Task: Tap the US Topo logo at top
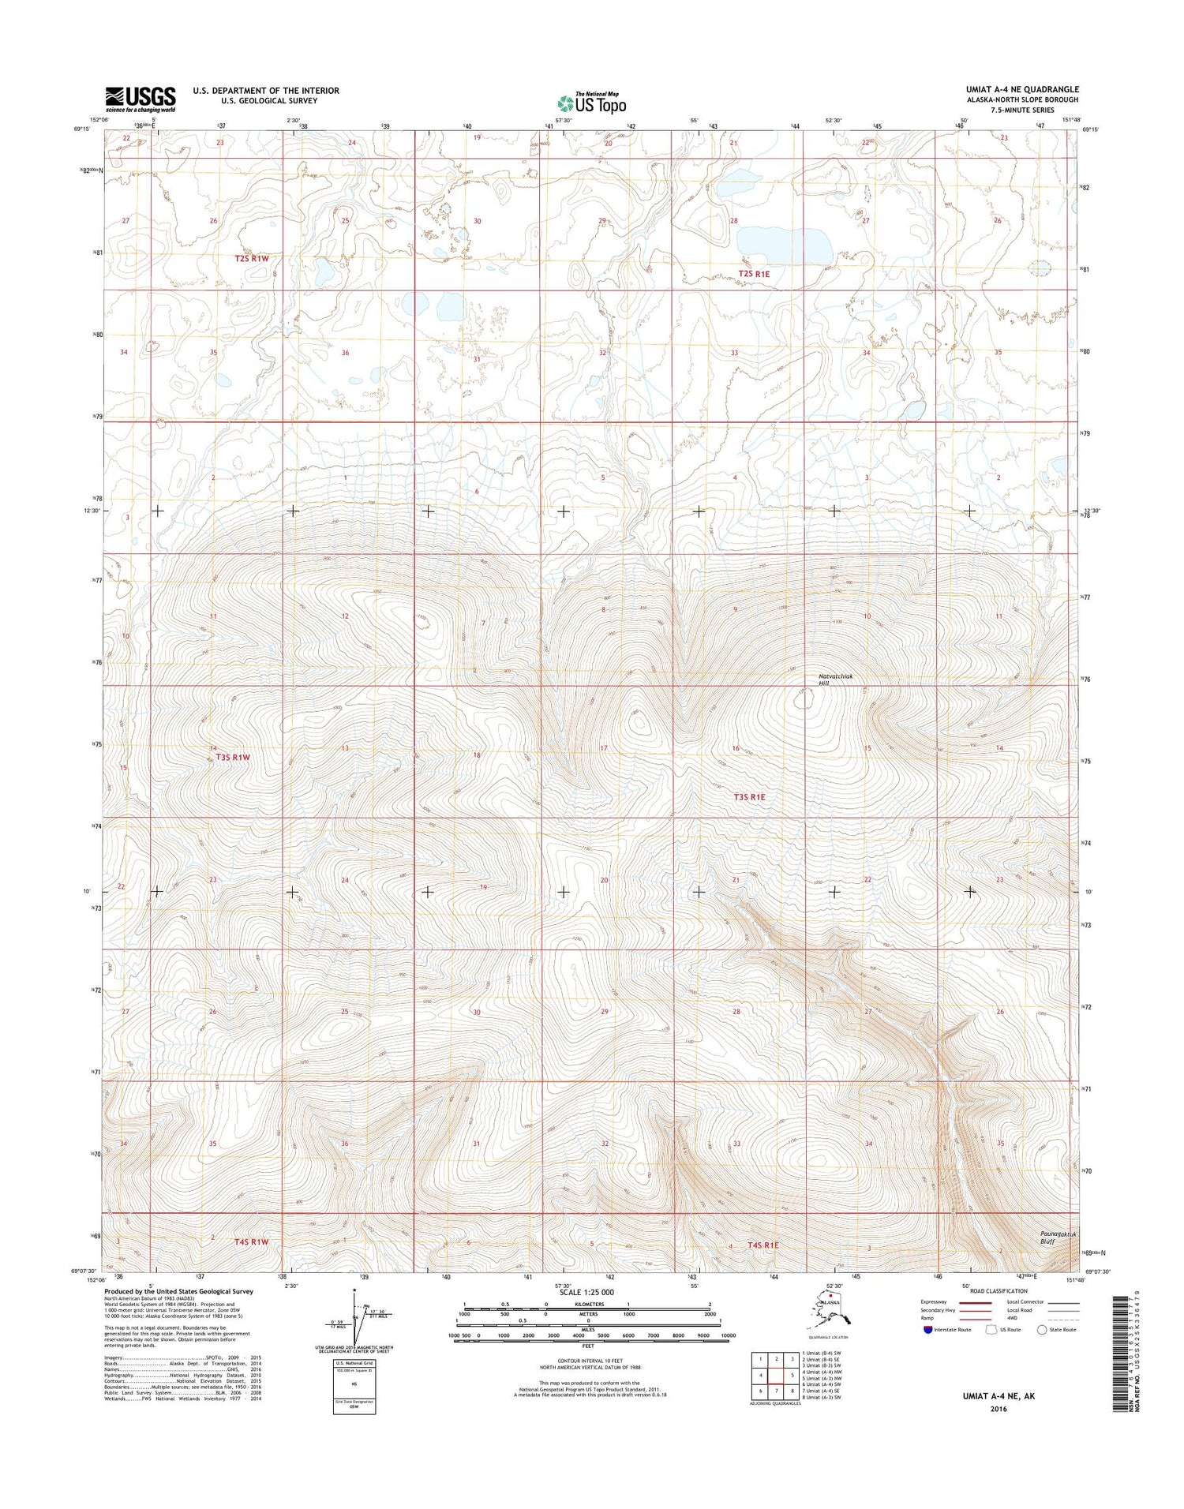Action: [x=591, y=103]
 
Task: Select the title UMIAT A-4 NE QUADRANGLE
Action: [x=1022, y=89]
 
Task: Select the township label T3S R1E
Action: [x=749, y=797]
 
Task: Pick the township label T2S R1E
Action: [x=754, y=274]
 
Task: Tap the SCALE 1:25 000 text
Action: [x=586, y=1292]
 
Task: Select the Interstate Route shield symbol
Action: [x=927, y=1329]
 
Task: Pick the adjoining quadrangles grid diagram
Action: [x=776, y=1376]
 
